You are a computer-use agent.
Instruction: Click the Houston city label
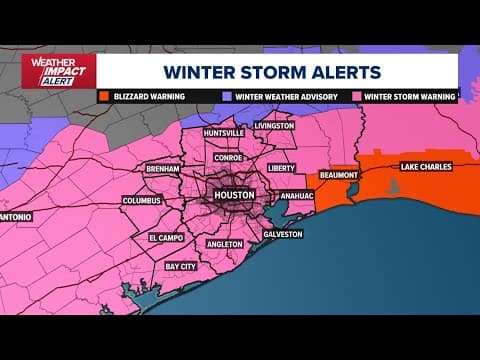click(x=234, y=193)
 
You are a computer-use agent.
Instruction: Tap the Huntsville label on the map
click(x=222, y=133)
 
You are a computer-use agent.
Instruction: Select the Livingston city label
click(x=274, y=126)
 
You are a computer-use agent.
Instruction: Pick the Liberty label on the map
click(x=281, y=168)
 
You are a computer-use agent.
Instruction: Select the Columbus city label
click(x=141, y=200)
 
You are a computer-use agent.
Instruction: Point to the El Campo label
click(x=167, y=238)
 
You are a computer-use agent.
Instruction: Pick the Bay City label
click(x=180, y=267)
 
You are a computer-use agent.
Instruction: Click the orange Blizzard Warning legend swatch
click(x=104, y=97)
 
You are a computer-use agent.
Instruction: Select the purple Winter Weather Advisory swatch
click(x=228, y=97)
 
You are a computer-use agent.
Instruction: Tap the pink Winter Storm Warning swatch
click(x=357, y=97)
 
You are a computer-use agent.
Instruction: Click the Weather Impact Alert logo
click(x=58, y=71)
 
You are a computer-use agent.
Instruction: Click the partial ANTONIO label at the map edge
click(x=16, y=216)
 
